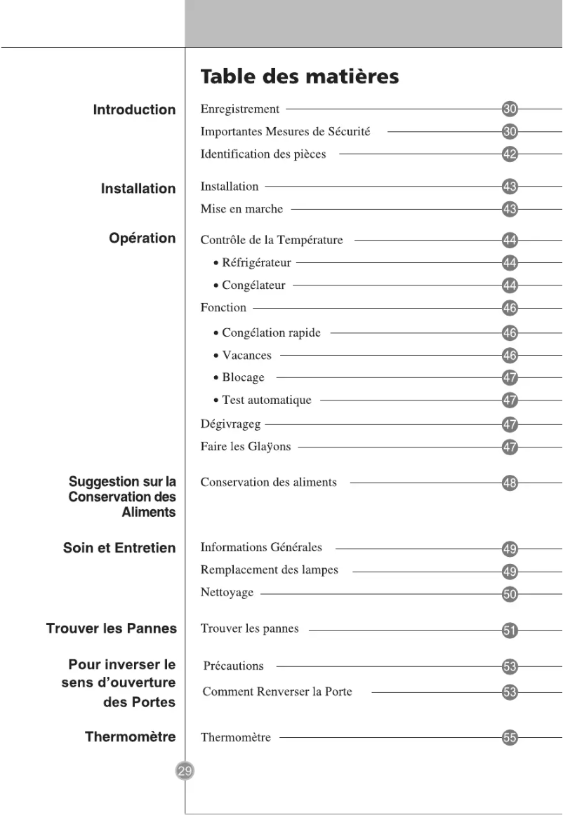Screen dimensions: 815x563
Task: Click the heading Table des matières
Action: click(x=300, y=76)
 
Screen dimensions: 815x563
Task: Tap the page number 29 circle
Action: click(x=184, y=771)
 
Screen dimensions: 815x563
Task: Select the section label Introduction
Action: click(x=134, y=109)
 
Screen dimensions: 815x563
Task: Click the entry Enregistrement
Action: click(x=239, y=109)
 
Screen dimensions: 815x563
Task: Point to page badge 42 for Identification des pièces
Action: click(x=510, y=154)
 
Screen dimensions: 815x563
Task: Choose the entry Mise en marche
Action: click(x=241, y=208)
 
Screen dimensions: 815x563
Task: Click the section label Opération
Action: click(x=142, y=238)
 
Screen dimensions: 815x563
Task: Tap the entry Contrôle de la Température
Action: click(x=272, y=240)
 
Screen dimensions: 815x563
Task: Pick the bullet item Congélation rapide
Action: click(x=270, y=332)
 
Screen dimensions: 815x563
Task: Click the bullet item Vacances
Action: click(x=246, y=355)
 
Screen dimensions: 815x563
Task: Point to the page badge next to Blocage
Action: click(x=510, y=378)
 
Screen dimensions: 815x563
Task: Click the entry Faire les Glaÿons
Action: click(x=245, y=447)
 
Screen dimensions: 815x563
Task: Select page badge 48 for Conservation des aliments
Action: click(x=510, y=483)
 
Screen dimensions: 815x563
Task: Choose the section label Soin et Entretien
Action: click(x=119, y=548)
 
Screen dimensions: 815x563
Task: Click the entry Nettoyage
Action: click(x=227, y=593)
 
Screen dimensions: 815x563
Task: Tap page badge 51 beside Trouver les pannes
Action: click(x=510, y=630)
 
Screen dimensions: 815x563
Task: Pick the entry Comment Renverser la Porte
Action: click(x=277, y=692)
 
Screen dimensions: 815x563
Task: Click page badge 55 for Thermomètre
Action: click(x=510, y=738)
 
